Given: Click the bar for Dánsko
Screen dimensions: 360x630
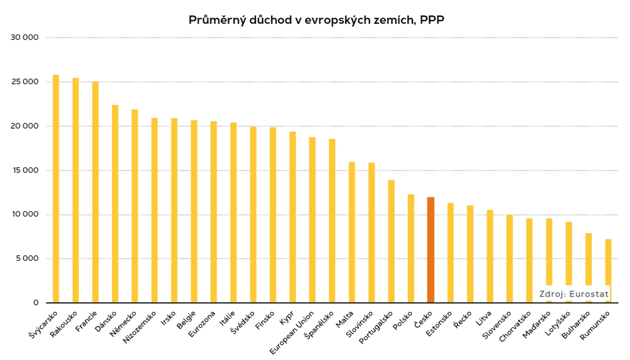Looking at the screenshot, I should [115, 204].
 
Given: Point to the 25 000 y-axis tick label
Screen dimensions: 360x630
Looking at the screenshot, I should [26, 82].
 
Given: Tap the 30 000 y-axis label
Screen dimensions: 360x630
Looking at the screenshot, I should [26, 38].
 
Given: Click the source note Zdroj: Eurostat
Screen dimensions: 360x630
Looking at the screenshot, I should [574, 294].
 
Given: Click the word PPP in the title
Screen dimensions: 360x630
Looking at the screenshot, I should [433, 20].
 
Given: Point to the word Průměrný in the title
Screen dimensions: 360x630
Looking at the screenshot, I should [214, 20].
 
